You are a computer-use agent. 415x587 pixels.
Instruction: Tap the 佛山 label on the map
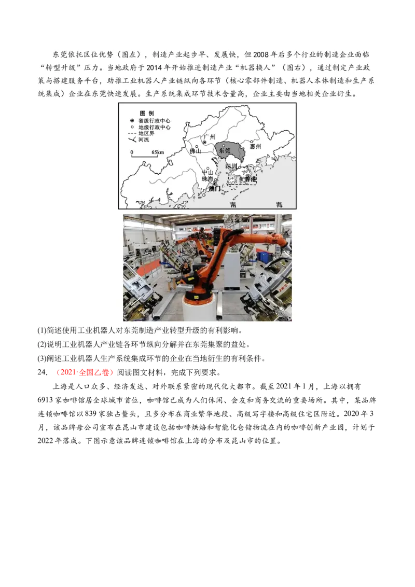tap(195, 151)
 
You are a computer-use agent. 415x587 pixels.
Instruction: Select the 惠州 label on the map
tap(255, 147)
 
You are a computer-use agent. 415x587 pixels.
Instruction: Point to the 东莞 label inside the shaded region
tap(225, 150)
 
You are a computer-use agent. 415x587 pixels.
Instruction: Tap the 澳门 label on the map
tap(214, 189)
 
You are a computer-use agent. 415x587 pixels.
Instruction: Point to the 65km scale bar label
tap(158, 152)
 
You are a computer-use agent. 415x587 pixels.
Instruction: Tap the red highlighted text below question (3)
tap(85, 372)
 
